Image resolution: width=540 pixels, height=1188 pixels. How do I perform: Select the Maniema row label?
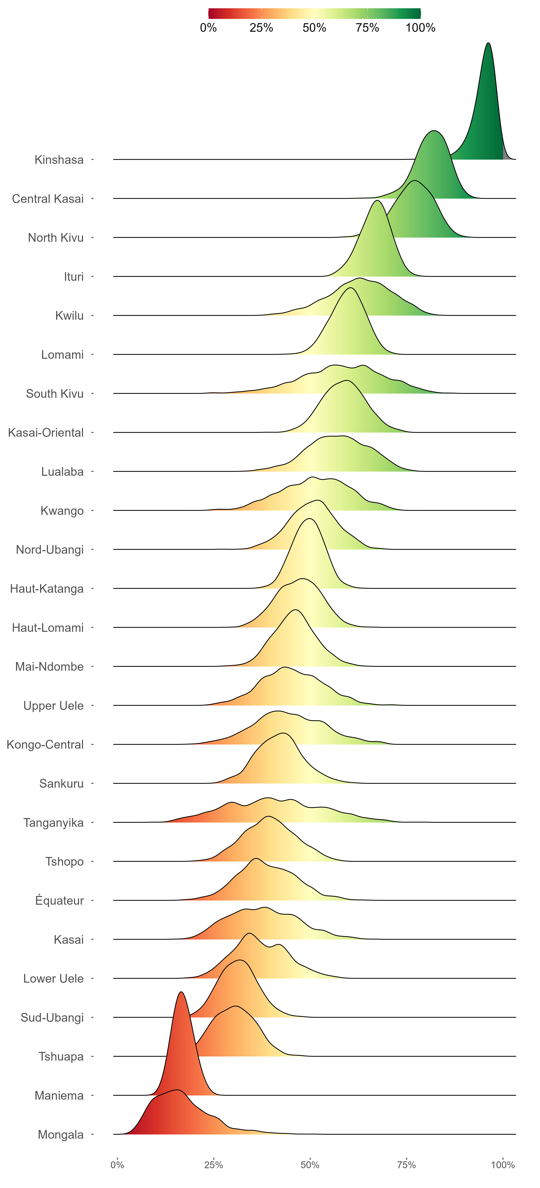coord(59,1095)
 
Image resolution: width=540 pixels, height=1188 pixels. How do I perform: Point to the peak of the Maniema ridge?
coord(181,993)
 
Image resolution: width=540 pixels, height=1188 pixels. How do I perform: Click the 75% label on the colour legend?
coord(367,28)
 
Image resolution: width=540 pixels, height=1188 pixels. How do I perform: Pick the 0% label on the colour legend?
coord(208,28)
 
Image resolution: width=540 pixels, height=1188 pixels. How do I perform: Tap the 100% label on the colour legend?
coord(420,28)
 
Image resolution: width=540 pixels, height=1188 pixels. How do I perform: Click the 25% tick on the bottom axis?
coord(213,1165)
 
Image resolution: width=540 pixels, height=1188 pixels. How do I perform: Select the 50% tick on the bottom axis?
coord(310,1165)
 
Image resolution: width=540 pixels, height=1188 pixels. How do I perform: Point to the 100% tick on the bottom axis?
coord(503,1165)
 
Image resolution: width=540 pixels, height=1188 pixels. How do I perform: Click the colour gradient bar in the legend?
coord(314,13)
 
